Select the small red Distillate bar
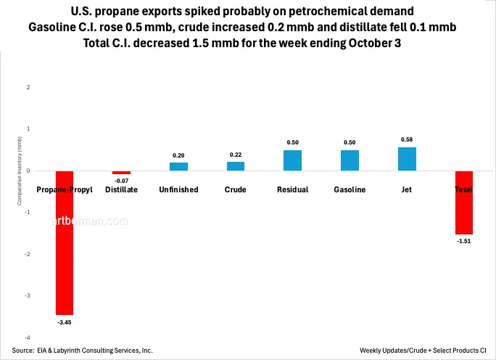[x=121, y=173]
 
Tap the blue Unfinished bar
[x=178, y=166]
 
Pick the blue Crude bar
[x=236, y=166]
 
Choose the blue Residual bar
[x=292, y=160]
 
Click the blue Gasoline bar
[x=350, y=160]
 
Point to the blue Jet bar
[x=407, y=159]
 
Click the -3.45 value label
[x=65, y=320]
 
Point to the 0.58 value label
[x=407, y=139]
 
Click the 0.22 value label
[x=236, y=155]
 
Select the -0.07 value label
[x=121, y=180]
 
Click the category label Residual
[x=292, y=189]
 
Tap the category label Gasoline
[x=350, y=189]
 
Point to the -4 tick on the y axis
[x=28, y=338]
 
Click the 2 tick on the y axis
[x=29, y=87]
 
